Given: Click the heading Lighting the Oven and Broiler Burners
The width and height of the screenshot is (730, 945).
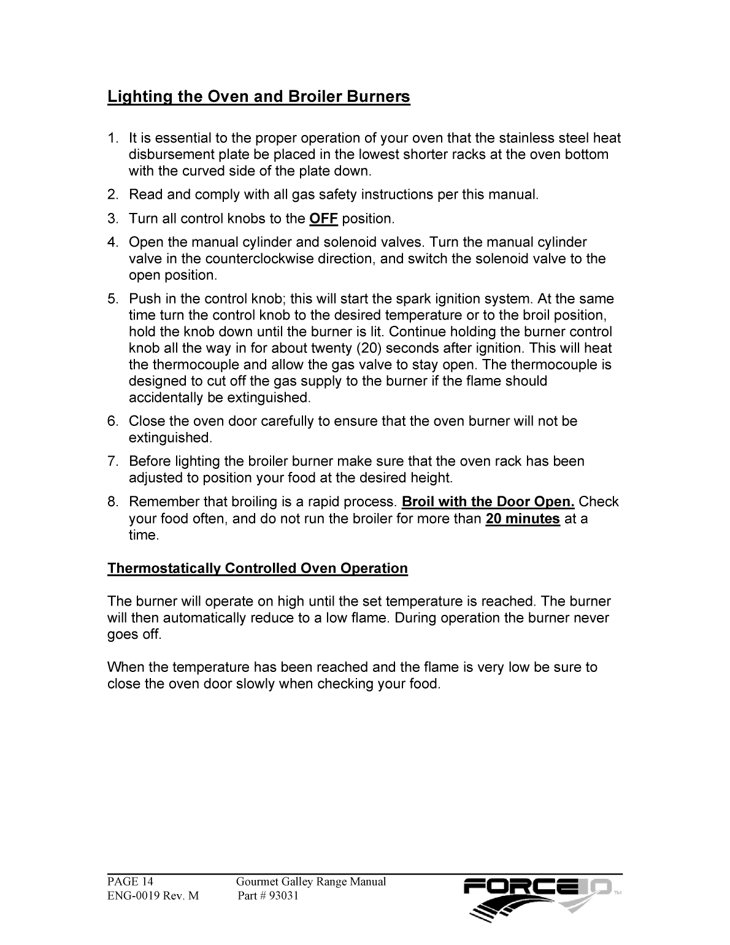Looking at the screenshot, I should point(258,97).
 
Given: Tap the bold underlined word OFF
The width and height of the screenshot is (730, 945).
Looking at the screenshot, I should point(323,219).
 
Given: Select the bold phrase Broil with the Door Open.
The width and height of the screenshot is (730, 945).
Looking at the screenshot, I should point(488,502).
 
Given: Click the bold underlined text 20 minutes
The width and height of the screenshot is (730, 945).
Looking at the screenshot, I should point(523,519).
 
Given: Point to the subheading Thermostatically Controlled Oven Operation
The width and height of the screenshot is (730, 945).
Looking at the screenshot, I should point(258,568).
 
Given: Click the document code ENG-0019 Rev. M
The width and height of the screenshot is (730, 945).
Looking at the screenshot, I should point(153,896).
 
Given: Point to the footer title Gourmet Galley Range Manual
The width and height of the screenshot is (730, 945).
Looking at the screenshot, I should point(311,882).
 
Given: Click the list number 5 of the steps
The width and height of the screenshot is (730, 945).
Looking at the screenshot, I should point(112,299).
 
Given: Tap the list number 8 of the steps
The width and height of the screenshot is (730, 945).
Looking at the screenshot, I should point(112,502).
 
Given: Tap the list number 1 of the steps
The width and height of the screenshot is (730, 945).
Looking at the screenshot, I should point(112,139).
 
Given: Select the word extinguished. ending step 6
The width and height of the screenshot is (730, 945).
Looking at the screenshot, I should point(170,438).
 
